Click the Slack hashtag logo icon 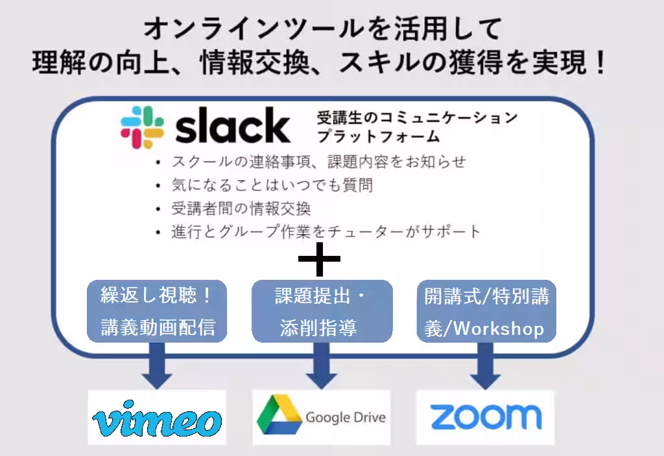[x=142, y=128]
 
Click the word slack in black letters [x=233, y=125]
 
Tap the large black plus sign [x=319, y=259]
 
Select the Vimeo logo [x=157, y=418]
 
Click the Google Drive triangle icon [x=279, y=415]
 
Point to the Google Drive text [x=346, y=418]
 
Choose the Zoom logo [x=486, y=416]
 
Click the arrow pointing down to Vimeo [x=157, y=366]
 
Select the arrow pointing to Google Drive [x=322, y=366]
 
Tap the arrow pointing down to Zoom [x=485, y=366]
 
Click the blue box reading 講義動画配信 [x=157, y=311]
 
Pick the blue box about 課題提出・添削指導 [x=322, y=311]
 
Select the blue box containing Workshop [x=486, y=311]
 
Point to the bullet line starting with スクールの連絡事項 [x=318, y=161]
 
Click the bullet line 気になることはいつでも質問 [x=272, y=185]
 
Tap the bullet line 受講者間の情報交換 [x=241, y=209]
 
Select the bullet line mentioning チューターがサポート [x=326, y=231]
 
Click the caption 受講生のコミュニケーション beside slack [x=417, y=118]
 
